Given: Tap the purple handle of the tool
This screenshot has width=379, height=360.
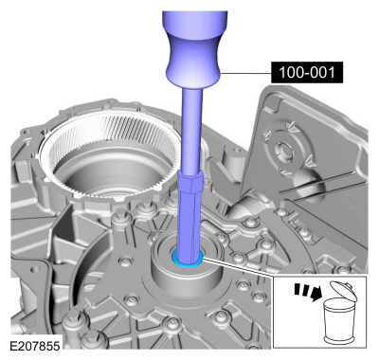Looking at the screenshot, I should [193, 47].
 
